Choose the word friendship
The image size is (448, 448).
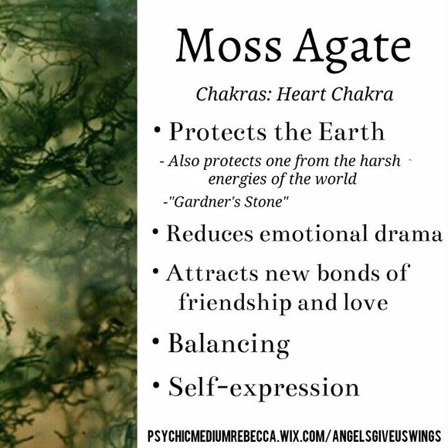point(231,301)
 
